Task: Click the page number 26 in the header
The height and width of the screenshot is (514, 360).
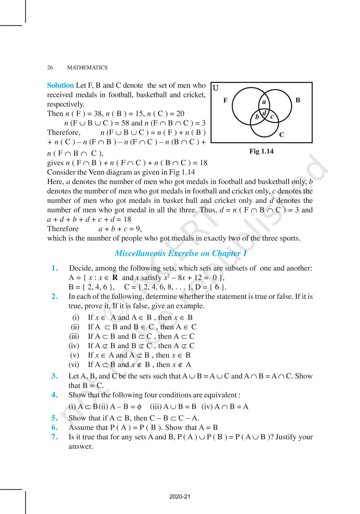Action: [x=50, y=68]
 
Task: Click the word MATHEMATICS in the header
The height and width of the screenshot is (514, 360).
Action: [x=87, y=68]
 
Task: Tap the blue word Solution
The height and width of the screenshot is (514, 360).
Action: [x=60, y=85]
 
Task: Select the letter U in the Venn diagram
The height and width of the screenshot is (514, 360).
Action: [x=216, y=88]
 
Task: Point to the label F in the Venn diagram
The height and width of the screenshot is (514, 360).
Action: [x=225, y=100]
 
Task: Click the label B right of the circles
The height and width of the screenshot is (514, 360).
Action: [x=298, y=100]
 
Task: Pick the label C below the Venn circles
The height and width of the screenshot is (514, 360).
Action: [x=281, y=135]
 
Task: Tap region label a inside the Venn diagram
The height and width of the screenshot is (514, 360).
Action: [x=264, y=102]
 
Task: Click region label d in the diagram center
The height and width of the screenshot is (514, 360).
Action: [x=264, y=113]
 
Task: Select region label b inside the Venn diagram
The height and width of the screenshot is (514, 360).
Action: [x=257, y=117]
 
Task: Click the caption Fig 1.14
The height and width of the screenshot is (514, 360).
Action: [x=261, y=151]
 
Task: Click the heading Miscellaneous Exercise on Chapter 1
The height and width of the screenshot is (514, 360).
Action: [x=181, y=254]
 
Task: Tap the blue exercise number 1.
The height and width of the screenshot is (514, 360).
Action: [x=55, y=268]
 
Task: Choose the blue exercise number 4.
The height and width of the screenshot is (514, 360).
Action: [x=55, y=395]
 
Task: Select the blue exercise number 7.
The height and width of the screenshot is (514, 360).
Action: [x=55, y=437]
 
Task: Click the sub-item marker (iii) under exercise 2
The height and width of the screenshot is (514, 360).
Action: [x=74, y=336]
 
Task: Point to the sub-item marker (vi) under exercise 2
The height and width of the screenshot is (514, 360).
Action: [x=74, y=365]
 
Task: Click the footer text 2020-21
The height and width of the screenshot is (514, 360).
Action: [x=180, y=497]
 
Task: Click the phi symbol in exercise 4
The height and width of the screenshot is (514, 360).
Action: [x=139, y=407]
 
